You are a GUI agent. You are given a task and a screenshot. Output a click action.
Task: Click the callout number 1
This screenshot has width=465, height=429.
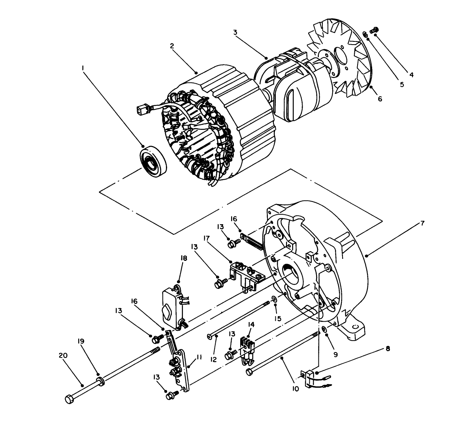[x=83, y=68]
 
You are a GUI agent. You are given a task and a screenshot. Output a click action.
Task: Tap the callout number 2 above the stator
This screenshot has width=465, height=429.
[x=172, y=46]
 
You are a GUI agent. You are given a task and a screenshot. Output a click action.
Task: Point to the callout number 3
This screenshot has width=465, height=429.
[x=235, y=32]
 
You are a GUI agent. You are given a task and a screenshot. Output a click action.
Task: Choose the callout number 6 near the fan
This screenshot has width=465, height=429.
[x=380, y=99]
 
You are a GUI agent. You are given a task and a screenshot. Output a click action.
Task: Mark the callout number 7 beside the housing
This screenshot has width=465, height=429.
[x=422, y=223]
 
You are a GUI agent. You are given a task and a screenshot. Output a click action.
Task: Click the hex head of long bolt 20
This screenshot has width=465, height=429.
[x=69, y=399]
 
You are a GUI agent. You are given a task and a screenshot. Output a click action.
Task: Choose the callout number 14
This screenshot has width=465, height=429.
[x=251, y=324]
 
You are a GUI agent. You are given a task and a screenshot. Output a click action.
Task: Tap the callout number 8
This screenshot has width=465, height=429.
[x=388, y=349]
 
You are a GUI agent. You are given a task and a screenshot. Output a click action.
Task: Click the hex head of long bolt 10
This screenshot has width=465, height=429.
[x=249, y=372]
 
